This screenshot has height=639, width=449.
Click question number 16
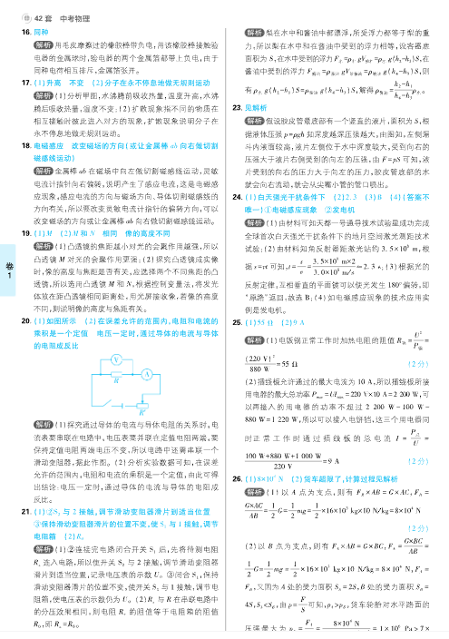(26, 32)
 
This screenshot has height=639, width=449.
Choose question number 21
(26, 512)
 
